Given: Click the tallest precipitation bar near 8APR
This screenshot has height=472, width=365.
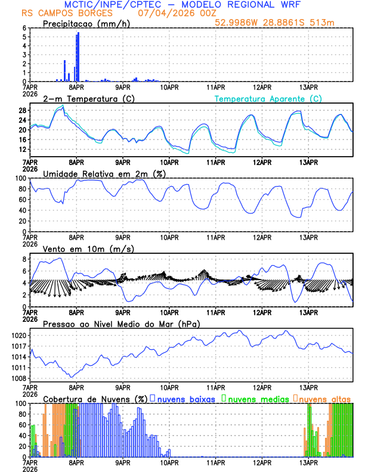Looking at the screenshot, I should (x=78, y=57).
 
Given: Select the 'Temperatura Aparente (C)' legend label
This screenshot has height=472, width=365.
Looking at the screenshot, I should (x=268, y=99).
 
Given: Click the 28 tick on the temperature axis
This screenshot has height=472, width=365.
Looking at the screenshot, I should (x=22, y=111).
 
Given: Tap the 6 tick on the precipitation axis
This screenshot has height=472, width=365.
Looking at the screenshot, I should (x=24, y=28).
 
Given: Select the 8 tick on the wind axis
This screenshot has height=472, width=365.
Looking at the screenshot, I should (x=24, y=259).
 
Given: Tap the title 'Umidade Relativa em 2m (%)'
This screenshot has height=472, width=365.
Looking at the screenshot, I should (x=105, y=173).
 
